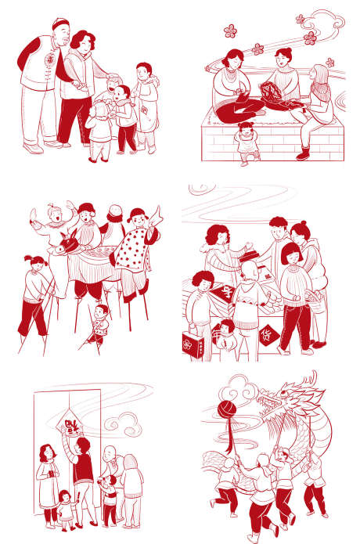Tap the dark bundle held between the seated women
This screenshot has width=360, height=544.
pyautogui.click(x=272, y=92)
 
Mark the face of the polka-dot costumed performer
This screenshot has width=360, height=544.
pyautogui.click(x=138, y=218)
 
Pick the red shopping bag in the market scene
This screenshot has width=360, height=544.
pyautogui.click(x=193, y=340)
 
